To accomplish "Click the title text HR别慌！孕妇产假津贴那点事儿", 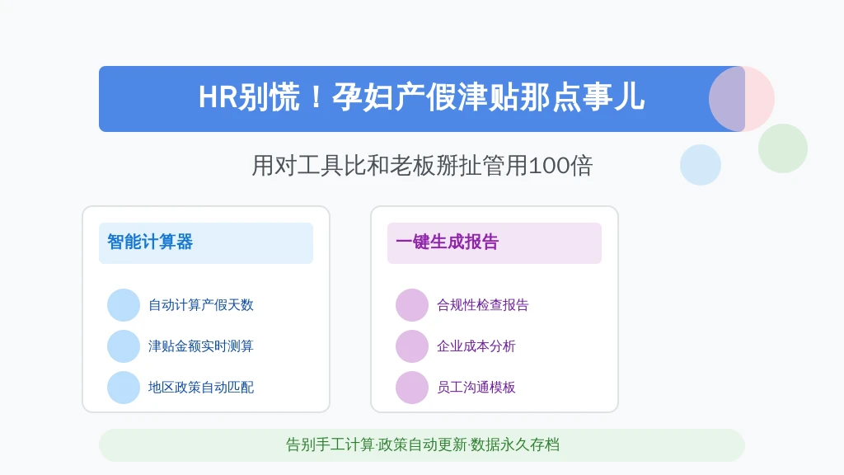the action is click(x=421, y=98).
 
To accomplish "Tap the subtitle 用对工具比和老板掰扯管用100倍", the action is click(x=422, y=165).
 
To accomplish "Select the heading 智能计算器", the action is click(x=150, y=242).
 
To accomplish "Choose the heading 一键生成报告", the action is click(x=448, y=242).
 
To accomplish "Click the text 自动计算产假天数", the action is click(x=201, y=305).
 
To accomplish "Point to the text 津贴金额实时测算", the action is click(x=201, y=346).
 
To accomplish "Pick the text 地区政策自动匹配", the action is click(x=201, y=388).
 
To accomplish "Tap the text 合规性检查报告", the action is click(x=483, y=305).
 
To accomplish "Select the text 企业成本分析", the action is click(x=476, y=346).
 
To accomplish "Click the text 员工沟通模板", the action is click(x=476, y=388).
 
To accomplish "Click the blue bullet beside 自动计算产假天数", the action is click(x=124, y=305).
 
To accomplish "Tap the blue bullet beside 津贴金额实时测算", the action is click(x=124, y=346).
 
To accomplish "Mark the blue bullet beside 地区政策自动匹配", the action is click(x=124, y=388).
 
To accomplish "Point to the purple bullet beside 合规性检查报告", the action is click(x=412, y=305).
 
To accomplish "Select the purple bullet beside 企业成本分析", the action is click(x=412, y=346).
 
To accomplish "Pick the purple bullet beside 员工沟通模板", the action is click(x=412, y=388).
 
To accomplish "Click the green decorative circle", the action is click(x=783, y=148).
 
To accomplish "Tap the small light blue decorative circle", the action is click(x=701, y=165).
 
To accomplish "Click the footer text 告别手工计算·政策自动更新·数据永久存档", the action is click(x=423, y=444).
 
